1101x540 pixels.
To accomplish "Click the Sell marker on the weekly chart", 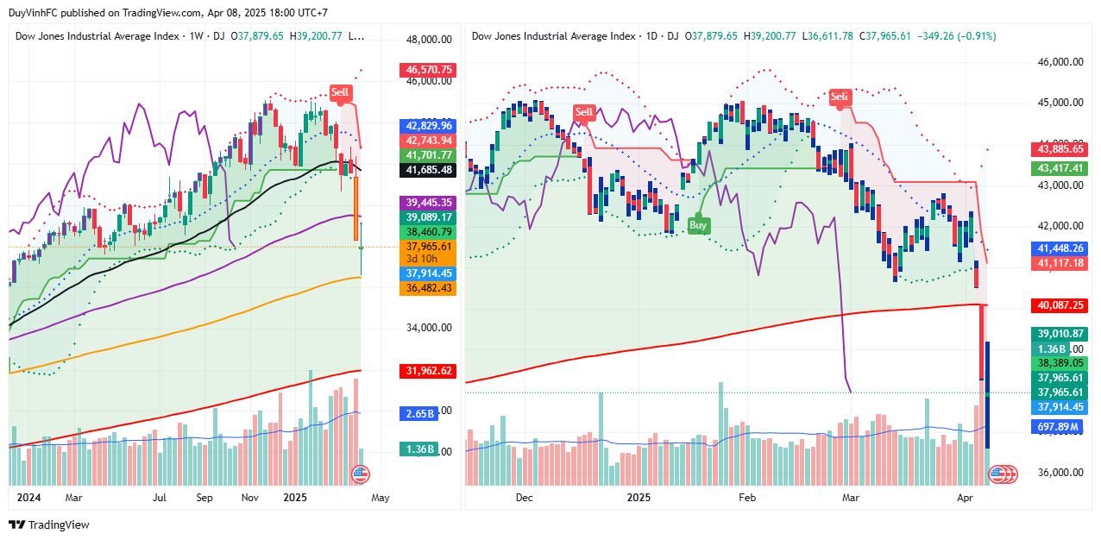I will [341, 92].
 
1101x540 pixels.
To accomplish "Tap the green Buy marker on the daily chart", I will [699, 224].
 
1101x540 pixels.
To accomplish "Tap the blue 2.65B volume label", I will [421, 413].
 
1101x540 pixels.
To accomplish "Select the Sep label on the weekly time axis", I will [204, 498].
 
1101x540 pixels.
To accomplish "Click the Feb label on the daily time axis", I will [747, 498].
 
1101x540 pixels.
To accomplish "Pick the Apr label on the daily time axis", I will [965, 498].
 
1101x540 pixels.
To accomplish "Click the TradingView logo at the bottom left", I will [49, 524].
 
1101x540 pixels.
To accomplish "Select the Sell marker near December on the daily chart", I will [584, 112].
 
